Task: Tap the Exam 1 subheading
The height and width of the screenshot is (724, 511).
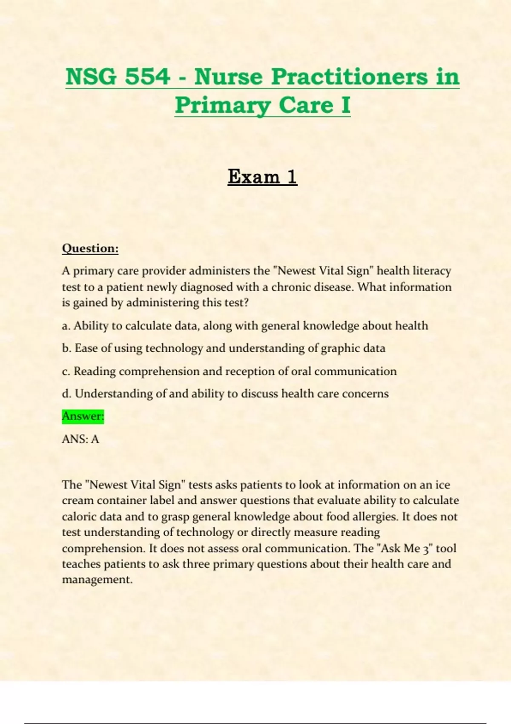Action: tap(262, 176)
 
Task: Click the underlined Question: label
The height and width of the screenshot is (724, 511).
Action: tap(90, 248)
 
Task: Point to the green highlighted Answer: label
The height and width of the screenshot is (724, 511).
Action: tap(83, 416)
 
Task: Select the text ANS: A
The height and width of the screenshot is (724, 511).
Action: tap(80, 439)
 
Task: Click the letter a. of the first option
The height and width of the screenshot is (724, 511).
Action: tap(66, 326)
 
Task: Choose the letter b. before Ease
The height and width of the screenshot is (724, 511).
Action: tap(66, 348)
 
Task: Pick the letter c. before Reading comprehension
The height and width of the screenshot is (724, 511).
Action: tap(66, 371)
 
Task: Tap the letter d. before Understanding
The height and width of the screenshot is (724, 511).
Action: tap(66, 394)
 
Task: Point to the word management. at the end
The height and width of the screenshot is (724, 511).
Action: tap(98, 580)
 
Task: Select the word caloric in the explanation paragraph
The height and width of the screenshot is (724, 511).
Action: tap(79, 517)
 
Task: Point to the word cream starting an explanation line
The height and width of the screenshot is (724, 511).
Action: tap(78, 501)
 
